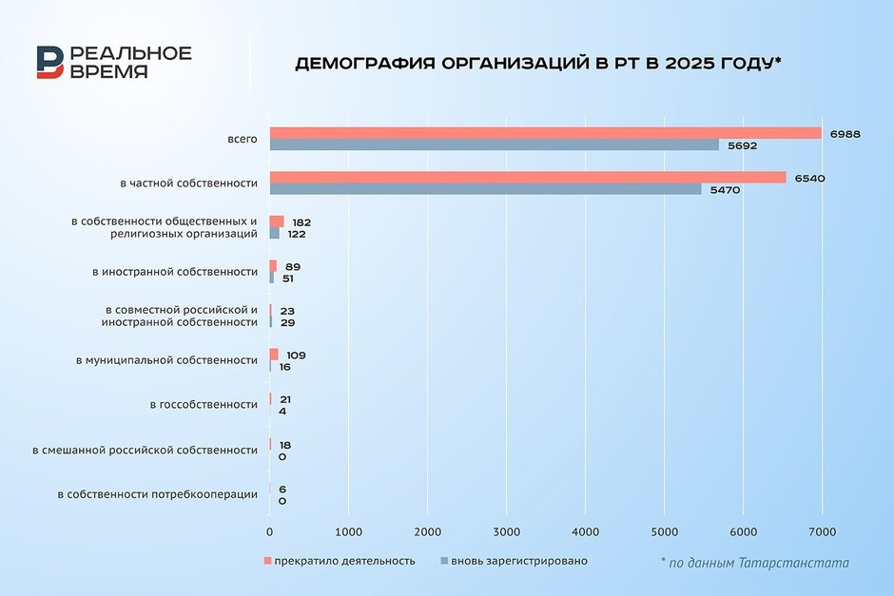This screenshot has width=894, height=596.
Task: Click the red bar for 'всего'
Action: [545, 133]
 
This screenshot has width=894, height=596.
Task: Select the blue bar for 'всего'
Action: [494, 145]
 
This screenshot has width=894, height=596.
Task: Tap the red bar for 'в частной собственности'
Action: [528, 178]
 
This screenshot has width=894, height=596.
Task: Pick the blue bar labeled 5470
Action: [485, 189]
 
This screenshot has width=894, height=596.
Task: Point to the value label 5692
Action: [742, 145]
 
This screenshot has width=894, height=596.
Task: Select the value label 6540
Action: [809, 178]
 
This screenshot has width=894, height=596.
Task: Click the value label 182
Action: [302, 221]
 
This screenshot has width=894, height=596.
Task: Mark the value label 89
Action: [293, 267]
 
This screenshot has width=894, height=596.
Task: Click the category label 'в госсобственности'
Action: [204, 405]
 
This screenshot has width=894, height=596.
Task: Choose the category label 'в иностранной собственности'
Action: [175, 272]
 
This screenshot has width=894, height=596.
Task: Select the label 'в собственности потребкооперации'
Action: [158, 494]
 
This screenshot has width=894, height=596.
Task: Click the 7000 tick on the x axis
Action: [822, 530]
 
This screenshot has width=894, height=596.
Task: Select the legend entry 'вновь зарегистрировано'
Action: [518, 561]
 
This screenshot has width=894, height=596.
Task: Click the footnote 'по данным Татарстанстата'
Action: [759, 563]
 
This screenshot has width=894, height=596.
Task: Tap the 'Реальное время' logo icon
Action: [50, 63]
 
